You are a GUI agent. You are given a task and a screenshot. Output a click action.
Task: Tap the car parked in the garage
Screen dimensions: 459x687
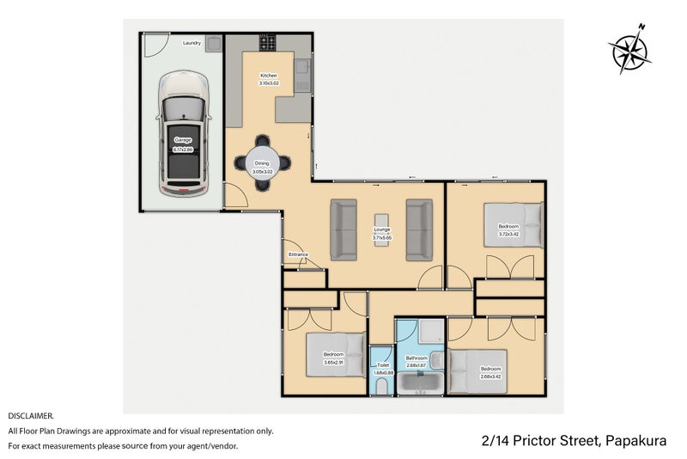(183, 133)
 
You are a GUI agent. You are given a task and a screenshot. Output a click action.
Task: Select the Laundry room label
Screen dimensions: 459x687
(192, 42)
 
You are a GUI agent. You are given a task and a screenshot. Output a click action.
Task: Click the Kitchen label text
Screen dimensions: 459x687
(269, 76)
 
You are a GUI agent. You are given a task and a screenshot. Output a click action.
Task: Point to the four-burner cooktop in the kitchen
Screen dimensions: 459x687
(269, 42)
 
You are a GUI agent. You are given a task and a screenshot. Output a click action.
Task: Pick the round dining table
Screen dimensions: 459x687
(262, 161)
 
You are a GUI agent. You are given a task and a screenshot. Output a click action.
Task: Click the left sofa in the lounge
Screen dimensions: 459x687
(343, 229)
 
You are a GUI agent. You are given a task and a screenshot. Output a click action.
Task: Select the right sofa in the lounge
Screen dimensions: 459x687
(420, 229)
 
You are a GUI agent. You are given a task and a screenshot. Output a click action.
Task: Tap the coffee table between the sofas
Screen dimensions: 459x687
(382, 229)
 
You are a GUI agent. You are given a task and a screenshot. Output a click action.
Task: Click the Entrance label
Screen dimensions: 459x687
(298, 254)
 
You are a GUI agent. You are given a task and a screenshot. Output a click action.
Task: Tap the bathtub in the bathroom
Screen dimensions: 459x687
(420, 384)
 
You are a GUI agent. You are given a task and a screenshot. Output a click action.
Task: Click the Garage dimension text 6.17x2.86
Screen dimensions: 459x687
(183, 150)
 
